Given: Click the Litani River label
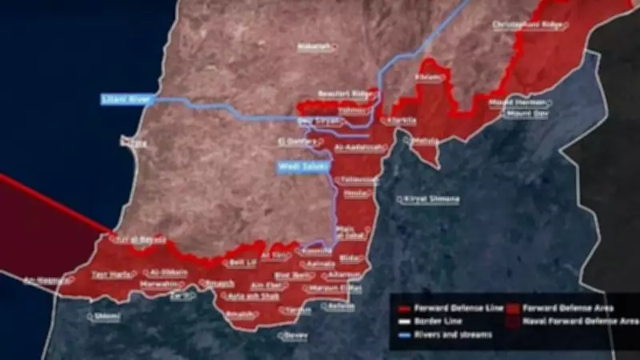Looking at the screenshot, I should point(124,99).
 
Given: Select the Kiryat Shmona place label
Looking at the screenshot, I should point(432,198).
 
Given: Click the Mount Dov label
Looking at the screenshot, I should point(526,114).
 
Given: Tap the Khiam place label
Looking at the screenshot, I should point(429,78).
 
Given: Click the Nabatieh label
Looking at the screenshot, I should point(314,46).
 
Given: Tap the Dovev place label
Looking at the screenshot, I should point(295,335).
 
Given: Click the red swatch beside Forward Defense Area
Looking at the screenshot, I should point(515,307).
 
